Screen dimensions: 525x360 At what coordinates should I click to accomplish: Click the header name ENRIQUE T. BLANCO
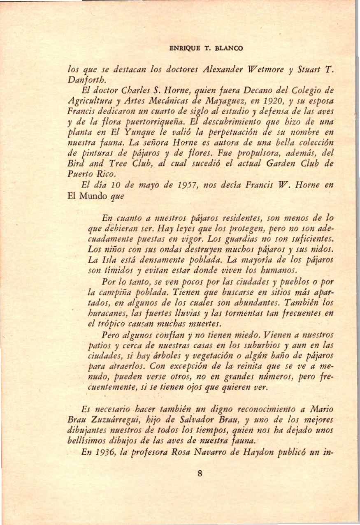click(x=206, y=48)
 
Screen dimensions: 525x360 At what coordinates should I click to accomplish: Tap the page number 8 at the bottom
click(x=200, y=473)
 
